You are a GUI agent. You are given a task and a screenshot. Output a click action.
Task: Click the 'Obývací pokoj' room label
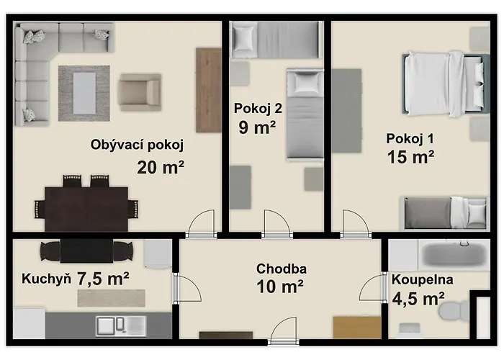[137, 145]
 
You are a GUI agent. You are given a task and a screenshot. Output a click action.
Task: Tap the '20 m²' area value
[161, 167]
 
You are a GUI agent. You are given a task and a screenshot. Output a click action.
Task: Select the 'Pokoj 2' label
[258, 108]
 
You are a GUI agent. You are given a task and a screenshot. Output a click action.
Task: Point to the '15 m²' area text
[411, 157]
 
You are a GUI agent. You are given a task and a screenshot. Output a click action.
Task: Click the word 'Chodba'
[282, 269]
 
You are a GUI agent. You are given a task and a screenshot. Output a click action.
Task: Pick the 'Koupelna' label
[423, 279]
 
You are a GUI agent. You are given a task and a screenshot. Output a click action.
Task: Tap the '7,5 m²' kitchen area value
[103, 279]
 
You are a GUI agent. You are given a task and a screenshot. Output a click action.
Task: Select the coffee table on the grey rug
[84, 93]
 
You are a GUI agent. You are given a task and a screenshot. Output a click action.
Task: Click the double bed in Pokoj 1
[446, 84]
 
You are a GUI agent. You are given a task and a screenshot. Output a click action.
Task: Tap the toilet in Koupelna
[454, 311]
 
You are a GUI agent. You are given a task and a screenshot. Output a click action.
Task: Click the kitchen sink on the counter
[121, 326]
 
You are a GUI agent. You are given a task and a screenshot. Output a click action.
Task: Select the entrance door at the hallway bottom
[283, 331]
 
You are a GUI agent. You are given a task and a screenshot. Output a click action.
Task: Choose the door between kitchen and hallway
[187, 288]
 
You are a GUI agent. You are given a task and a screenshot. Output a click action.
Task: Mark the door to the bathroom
[373, 287]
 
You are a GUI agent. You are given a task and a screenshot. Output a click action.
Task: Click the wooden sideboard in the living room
[209, 90]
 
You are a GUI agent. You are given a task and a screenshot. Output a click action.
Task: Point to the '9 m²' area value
[257, 127]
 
